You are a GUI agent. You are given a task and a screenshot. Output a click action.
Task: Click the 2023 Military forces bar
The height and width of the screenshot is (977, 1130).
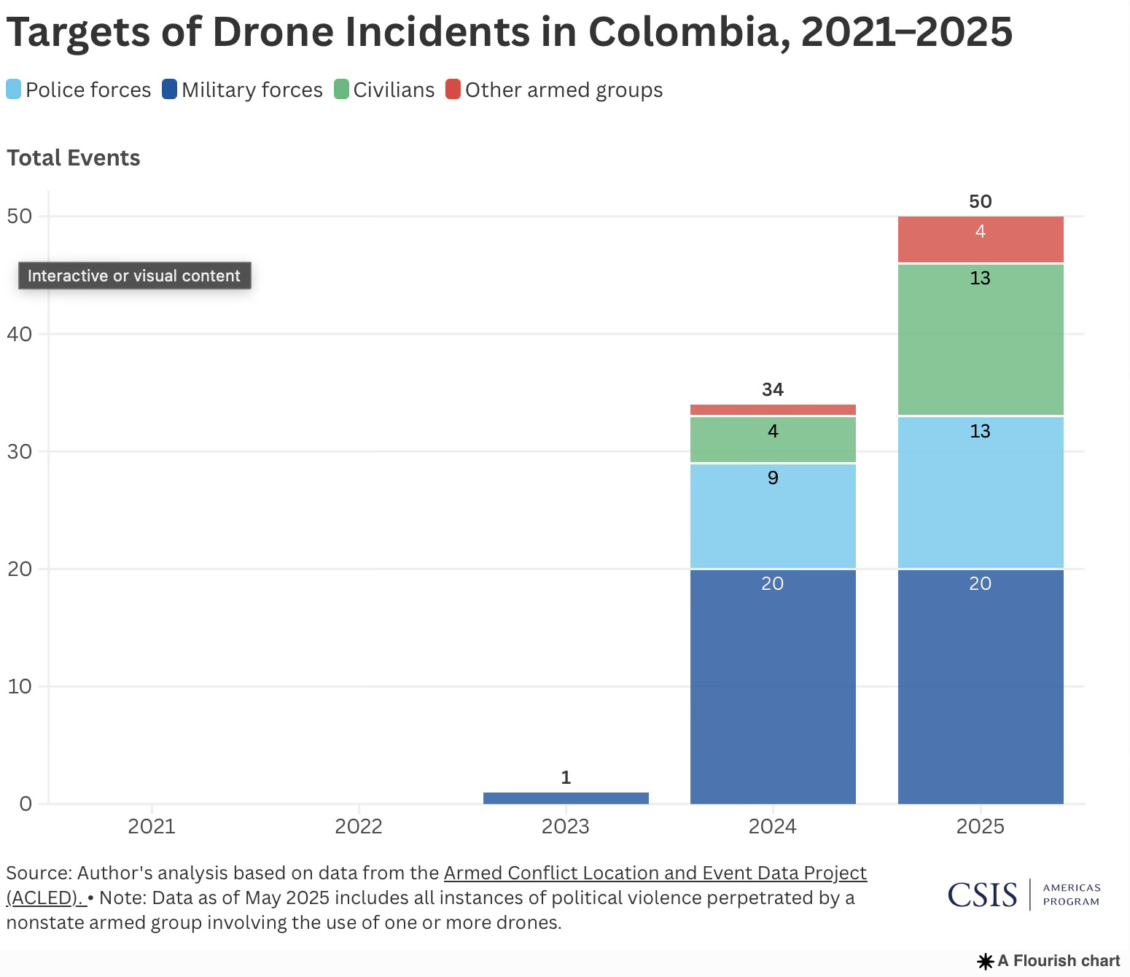click(566, 798)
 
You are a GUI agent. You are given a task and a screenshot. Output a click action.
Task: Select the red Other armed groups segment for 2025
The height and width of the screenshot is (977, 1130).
click(981, 240)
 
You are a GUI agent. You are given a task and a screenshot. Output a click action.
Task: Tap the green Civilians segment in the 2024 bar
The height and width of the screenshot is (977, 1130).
click(773, 440)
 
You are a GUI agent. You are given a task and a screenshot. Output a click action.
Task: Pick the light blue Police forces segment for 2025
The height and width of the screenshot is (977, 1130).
click(981, 492)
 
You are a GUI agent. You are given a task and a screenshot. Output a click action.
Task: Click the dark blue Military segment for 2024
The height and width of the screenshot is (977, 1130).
click(773, 686)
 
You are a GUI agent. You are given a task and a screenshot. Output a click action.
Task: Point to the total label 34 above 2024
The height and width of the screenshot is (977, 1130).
click(773, 390)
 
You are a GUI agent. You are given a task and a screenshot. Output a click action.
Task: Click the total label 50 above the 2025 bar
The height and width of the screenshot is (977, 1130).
click(981, 201)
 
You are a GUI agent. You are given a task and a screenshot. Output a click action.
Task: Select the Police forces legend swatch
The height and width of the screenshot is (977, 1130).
click(14, 90)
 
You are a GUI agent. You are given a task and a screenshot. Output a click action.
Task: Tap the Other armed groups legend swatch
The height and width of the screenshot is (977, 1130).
click(453, 90)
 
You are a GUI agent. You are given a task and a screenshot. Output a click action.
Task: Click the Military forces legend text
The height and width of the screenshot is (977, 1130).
click(252, 90)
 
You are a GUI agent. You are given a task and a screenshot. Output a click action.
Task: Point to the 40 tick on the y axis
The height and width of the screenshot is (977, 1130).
click(20, 334)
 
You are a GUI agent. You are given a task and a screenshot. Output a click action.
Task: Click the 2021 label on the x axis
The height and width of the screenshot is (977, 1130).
click(152, 826)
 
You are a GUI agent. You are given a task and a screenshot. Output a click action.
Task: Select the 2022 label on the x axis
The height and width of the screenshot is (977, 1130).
click(359, 826)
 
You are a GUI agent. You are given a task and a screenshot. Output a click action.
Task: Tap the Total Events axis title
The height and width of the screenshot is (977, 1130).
click(74, 158)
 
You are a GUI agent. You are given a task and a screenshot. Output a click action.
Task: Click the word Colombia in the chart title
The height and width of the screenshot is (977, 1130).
click(688, 32)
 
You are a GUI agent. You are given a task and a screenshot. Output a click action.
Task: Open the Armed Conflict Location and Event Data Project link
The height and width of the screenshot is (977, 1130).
click(655, 873)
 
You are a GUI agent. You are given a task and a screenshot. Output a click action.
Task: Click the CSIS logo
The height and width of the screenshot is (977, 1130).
click(982, 895)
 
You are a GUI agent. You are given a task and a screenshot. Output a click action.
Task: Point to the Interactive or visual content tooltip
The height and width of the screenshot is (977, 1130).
click(134, 276)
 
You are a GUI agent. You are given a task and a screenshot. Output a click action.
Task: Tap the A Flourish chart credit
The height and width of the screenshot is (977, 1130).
click(1050, 961)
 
